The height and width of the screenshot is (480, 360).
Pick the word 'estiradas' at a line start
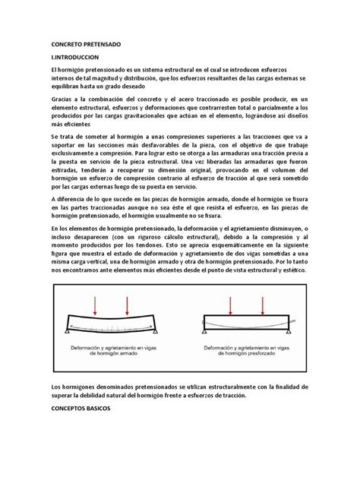(66, 172)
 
